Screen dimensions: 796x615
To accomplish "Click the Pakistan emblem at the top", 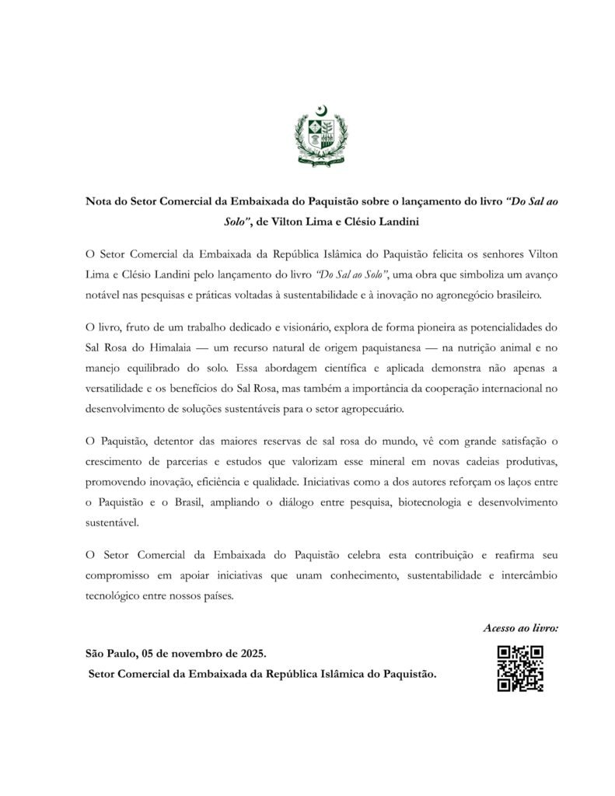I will pos(315,141).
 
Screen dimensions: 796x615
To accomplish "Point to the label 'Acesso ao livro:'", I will pos(521,627).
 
